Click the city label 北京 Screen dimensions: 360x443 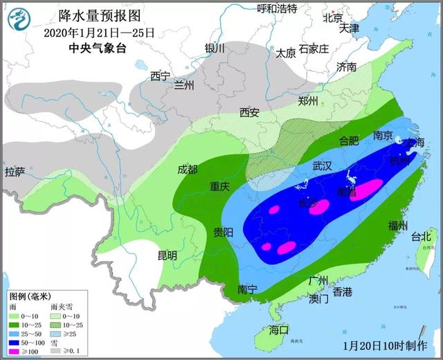pos(334,17)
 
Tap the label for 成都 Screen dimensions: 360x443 pos(187,170)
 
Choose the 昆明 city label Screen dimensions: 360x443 pos(168,255)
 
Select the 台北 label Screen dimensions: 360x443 pos(421,236)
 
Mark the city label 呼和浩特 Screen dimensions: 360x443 pos(277,8)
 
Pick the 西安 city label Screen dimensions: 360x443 pos(249,113)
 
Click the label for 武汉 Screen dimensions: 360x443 pos(323,166)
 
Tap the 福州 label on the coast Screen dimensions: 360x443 pos(397,225)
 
